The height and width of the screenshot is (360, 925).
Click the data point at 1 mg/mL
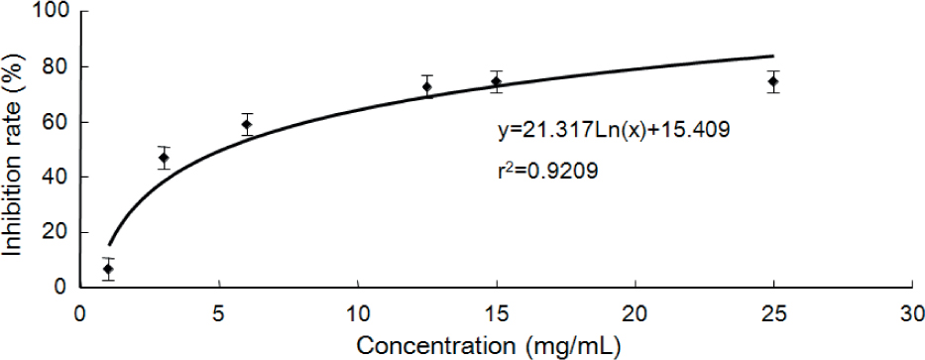[108, 269]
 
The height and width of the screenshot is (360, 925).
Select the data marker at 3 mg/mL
[164, 158]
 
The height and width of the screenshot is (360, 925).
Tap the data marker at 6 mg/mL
[247, 125]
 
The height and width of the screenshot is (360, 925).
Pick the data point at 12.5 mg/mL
[427, 86]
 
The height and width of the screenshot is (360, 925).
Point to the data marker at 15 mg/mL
[497, 81]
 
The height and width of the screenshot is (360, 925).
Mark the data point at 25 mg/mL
[773, 81]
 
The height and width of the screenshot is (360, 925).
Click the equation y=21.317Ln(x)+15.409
[614, 130]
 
